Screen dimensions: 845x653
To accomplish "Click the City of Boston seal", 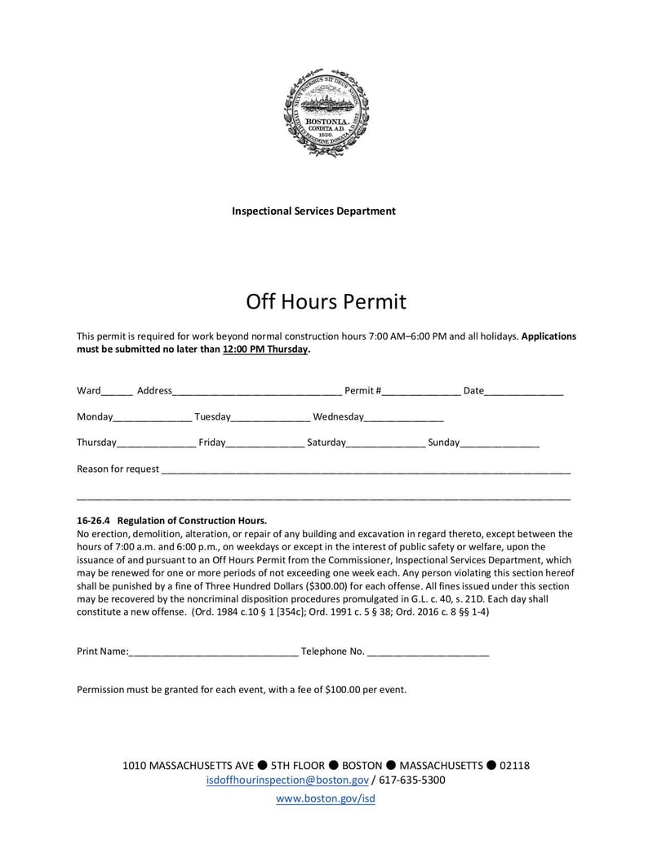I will pyautogui.click(x=326, y=113).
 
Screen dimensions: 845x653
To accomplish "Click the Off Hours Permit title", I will pyautogui.click(x=326, y=302).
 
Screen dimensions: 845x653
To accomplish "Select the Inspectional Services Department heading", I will pyautogui.click(x=313, y=211).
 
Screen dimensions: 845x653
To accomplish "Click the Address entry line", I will pyautogui.click(x=257, y=392).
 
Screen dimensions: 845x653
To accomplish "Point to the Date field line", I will pyautogui.click(x=524, y=392).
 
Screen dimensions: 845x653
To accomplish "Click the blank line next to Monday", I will pyautogui.click(x=153, y=418).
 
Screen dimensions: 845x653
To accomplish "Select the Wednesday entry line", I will pyautogui.click(x=404, y=418).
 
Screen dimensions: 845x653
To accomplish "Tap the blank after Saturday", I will pyautogui.click(x=386, y=444).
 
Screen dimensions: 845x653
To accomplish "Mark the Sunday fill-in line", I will pyautogui.click(x=500, y=444).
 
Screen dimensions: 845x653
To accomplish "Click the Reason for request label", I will pyautogui.click(x=118, y=469).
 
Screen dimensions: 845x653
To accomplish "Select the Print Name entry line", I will pyautogui.click(x=214, y=652).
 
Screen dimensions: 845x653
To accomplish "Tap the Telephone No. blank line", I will pyautogui.click(x=429, y=652).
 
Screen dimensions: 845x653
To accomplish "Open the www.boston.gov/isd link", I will pyautogui.click(x=326, y=799).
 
